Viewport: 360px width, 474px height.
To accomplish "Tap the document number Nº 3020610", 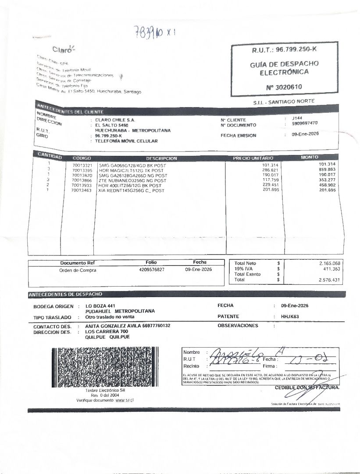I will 283,87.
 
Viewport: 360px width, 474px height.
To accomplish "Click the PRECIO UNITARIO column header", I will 253,158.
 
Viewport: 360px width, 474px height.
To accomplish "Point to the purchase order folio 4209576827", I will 151,270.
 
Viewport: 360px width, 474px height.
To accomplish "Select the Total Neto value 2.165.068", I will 330,263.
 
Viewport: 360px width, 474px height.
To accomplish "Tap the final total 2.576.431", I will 330,280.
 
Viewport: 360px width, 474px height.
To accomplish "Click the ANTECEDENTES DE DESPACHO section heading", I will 65,294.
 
